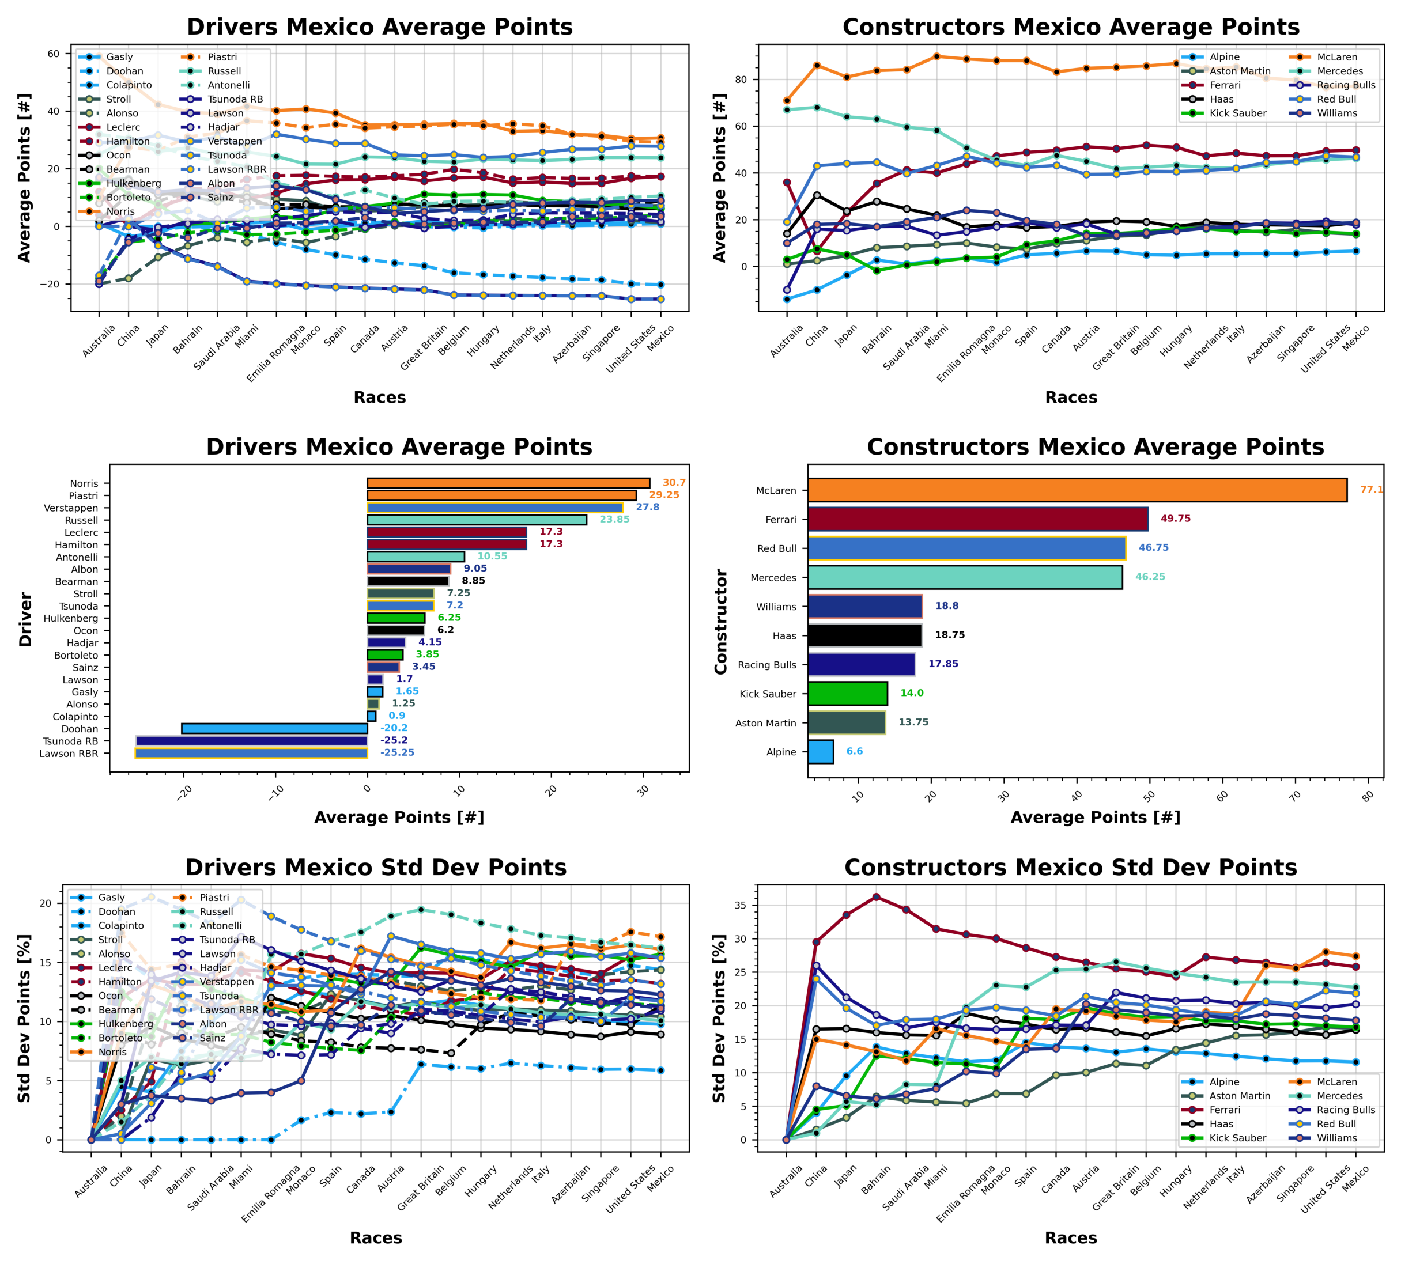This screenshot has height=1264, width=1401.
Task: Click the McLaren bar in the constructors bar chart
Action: (1077, 490)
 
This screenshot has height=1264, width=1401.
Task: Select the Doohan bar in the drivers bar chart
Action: (274, 729)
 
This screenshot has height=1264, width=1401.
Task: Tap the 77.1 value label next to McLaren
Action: (1371, 490)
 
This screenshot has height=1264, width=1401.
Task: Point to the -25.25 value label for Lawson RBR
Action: (397, 753)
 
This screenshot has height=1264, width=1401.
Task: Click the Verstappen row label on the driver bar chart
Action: (71, 508)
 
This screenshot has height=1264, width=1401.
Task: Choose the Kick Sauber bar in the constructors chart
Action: (847, 693)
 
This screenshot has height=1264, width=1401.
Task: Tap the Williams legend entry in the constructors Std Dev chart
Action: (1336, 1138)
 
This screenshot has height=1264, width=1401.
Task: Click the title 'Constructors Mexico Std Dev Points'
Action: (1070, 868)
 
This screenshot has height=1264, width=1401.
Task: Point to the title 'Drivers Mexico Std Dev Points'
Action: (376, 868)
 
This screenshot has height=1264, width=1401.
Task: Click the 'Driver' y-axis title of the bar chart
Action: (26, 619)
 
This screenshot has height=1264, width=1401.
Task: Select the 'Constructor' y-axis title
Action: (721, 622)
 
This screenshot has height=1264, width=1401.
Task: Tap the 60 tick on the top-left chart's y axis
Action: (54, 54)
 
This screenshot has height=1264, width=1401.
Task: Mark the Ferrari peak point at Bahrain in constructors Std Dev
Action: (876, 897)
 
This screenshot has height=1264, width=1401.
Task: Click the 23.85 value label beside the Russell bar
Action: (614, 520)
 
